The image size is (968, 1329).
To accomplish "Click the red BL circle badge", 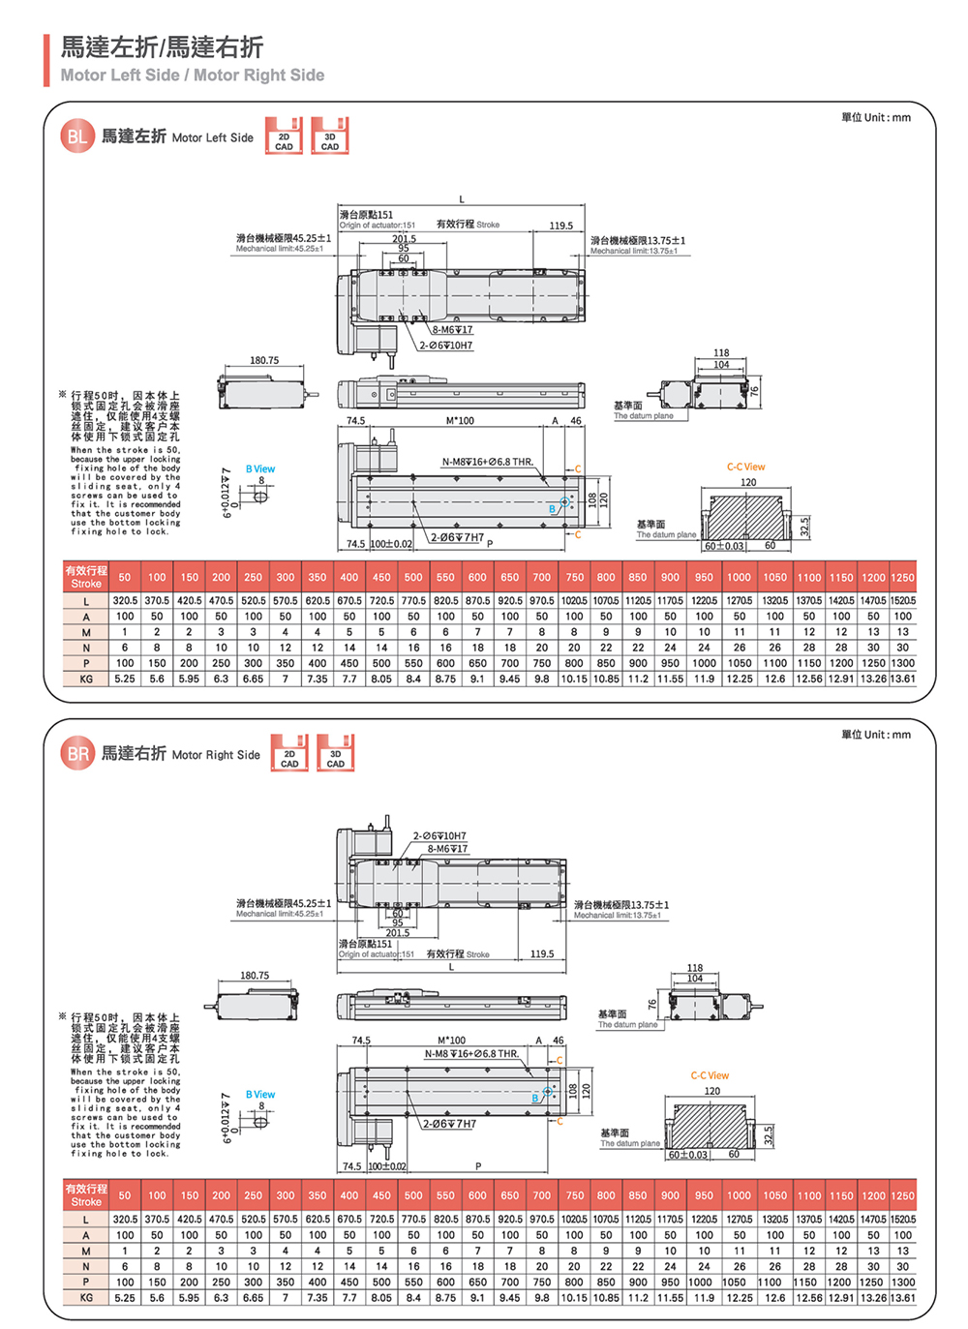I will pos(76,136).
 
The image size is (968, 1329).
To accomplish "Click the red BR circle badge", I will pos(77,754).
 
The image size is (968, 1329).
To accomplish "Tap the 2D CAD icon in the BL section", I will pos(284,136).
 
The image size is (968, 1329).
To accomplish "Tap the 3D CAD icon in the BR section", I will pos(335,753).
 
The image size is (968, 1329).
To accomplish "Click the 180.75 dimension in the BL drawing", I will pos(264,361).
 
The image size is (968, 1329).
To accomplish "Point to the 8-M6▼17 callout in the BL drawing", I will pos(452,330).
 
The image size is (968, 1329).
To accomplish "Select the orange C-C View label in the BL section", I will pos(745,467).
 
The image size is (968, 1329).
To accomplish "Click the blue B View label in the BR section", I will pos(260,1095).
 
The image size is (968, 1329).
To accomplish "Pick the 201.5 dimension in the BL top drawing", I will pos(404,238).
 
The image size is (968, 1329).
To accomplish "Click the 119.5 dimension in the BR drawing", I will pos(542,953).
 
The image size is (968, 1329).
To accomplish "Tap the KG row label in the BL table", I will pos(86,679).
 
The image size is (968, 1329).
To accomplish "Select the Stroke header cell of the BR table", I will pos(86,1194).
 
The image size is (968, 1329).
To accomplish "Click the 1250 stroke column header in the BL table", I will pos(902,577).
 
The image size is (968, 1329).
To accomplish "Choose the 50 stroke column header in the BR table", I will pos(125,1195).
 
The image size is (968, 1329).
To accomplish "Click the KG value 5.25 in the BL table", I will pos(125,679).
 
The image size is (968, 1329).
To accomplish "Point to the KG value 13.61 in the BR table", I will pos(902,1298).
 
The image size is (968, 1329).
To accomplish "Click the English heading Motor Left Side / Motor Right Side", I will pos(193,76).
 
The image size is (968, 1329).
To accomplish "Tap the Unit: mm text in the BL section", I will pos(876,118).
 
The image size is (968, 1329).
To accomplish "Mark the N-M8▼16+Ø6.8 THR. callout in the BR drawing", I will pos(471,1053).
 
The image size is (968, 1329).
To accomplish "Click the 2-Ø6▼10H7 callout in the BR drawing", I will pos(439,835).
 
